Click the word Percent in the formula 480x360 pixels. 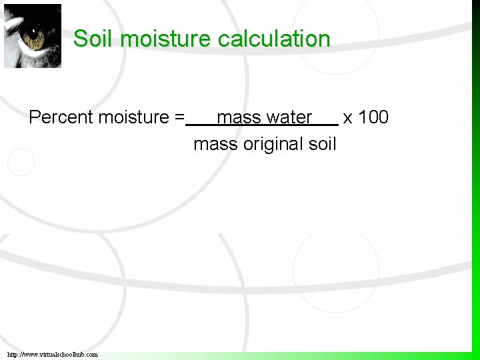tap(61, 117)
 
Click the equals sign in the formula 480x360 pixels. tap(179, 118)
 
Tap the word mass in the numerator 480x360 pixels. tap(239, 117)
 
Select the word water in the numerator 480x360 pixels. tap(289, 117)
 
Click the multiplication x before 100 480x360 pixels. tap(347, 118)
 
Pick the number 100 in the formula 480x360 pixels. tap(373, 117)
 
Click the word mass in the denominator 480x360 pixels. tap(215, 144)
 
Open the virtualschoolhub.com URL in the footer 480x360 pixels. tap(53, 354)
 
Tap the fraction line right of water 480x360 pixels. tap(325, 125)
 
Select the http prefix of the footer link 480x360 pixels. tap(15, 354)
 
